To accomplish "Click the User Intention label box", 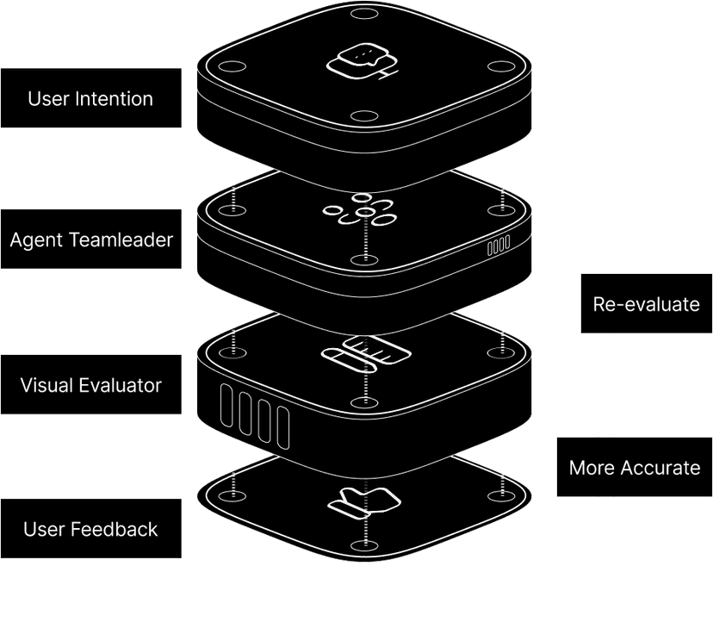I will point(90,98).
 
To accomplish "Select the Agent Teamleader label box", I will point(90,239).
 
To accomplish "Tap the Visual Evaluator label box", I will point(90,384).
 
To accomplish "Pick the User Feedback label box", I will point(90,528).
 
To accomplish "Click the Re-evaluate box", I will point(646,304).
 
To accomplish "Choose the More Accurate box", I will point(634,467).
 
